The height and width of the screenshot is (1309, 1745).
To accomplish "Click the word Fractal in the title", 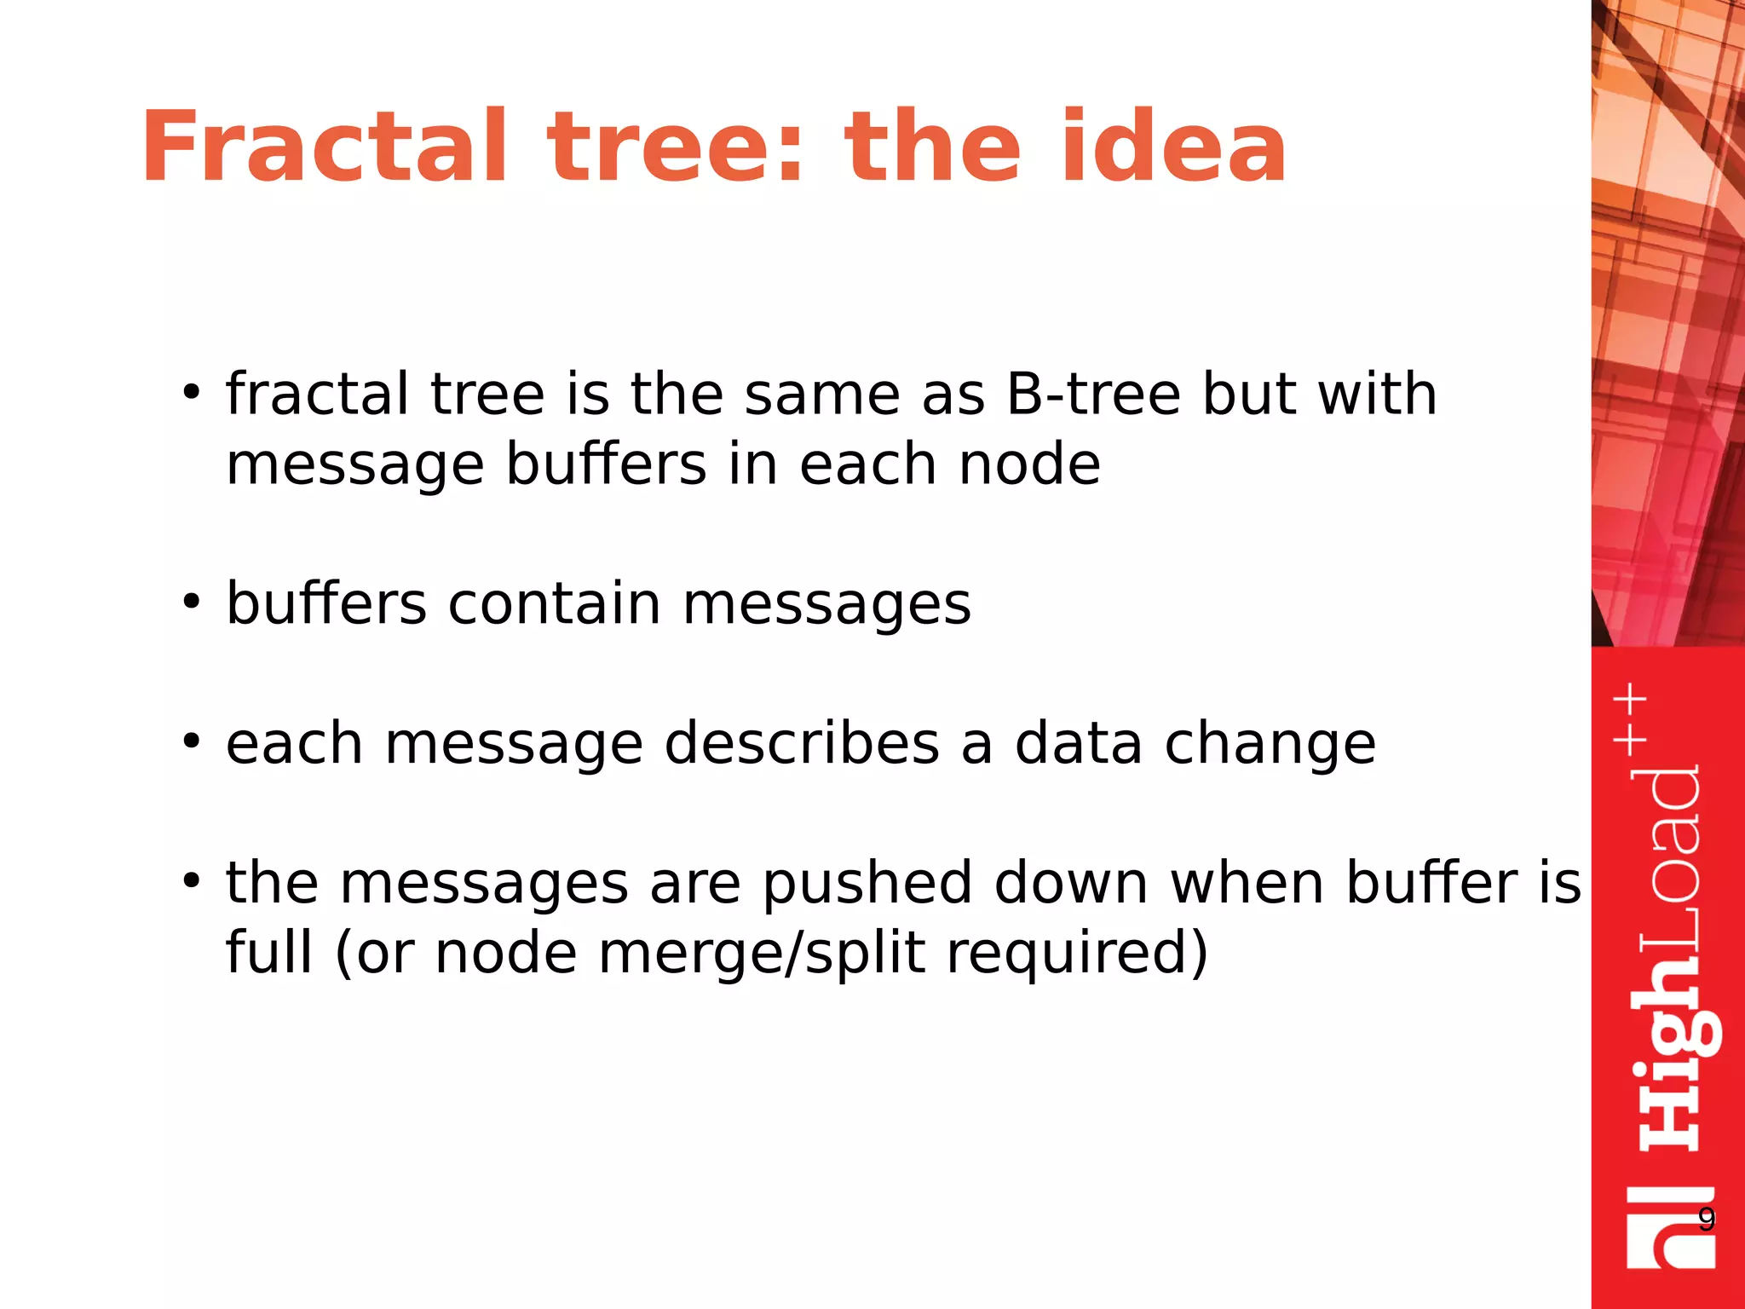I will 324,147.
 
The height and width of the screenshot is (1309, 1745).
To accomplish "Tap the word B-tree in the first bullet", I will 1092,395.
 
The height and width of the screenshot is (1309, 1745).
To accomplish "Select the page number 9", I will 1706,1220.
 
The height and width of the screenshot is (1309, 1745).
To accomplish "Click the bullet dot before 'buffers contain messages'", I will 191,602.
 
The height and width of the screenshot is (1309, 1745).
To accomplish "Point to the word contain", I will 554,603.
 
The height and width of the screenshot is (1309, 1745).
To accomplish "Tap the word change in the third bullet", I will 1270,743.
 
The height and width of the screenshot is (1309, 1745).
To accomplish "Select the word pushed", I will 867,883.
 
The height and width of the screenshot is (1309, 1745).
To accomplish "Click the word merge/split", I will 761,953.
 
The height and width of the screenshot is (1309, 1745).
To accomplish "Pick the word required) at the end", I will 1077,953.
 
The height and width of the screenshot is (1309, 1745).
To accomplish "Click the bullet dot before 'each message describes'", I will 191,741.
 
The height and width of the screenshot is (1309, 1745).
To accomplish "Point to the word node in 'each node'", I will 1028,464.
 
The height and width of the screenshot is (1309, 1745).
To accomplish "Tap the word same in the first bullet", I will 821,395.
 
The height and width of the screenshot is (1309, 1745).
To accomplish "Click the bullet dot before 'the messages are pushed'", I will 191,880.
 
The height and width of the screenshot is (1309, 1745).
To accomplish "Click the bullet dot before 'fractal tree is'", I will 191,393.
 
